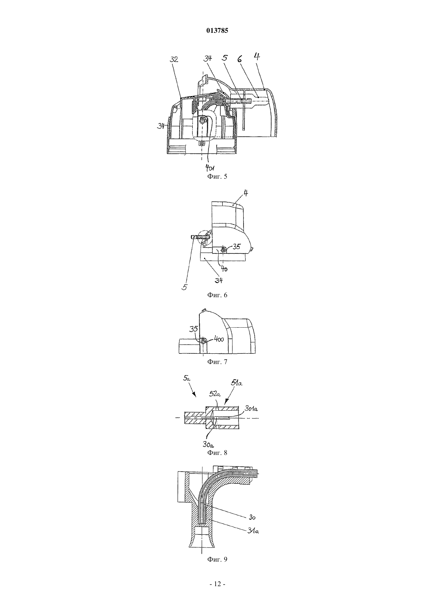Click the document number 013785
pyautogui.click(x=217, y=31)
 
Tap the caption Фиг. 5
pyautogui.click(x=217, y=177)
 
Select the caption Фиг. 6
pyautogui.click(x=217, y=295)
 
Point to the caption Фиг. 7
pyautogui.click(x=217, y=362)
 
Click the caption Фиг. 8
pyautogui.click(x=217, y=453)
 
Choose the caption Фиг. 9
pyautogui.click(x=217, y=559)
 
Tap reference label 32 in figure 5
pyautogui.click(x=174, y=59)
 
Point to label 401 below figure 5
pyautogui.click(x=210, y=167)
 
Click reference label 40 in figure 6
pyautogui.click(x=224, y=269)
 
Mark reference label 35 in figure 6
pyautogui.click(x=236, y=247)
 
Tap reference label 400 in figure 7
pyautogui.click(x=219, y=340)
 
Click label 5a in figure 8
pyautogui.click(x=187, y=379)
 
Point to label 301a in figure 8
pyautogui.click(x=252, y=409)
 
